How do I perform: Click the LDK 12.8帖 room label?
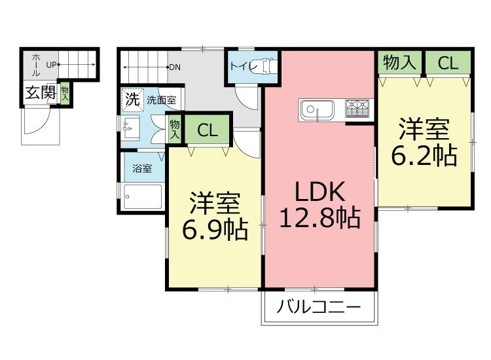pyautogui.click(x=319, y=204)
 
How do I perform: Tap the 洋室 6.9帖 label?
pyautogui.click(x=214, y=217)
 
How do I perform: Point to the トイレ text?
pyautogui.click(x=242, y=66)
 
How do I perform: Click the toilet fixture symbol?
pyautogui.click(x=268, y=66)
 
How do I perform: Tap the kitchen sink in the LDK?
pyautogui.click(x=317, y=109)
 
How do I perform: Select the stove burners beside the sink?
pyautogui.click(x=357, y=105)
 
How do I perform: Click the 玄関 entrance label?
pyautogui.click(x=40, y=93)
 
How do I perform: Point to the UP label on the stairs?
pyautogui.click(x=52, y=65)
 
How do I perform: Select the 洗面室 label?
pyautogui.click(x=160, y=101)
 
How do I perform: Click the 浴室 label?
pyautogui.click(x=142, y=169)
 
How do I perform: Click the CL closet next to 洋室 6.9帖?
pyautogui.click(x=207, y=130)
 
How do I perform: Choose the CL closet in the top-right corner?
pyautogui.click(x=448, y=63)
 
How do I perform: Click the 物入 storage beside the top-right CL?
pyautogui.click(x=399, y=63)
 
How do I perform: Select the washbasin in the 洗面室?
pyautogui.click(x=129, y=125)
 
